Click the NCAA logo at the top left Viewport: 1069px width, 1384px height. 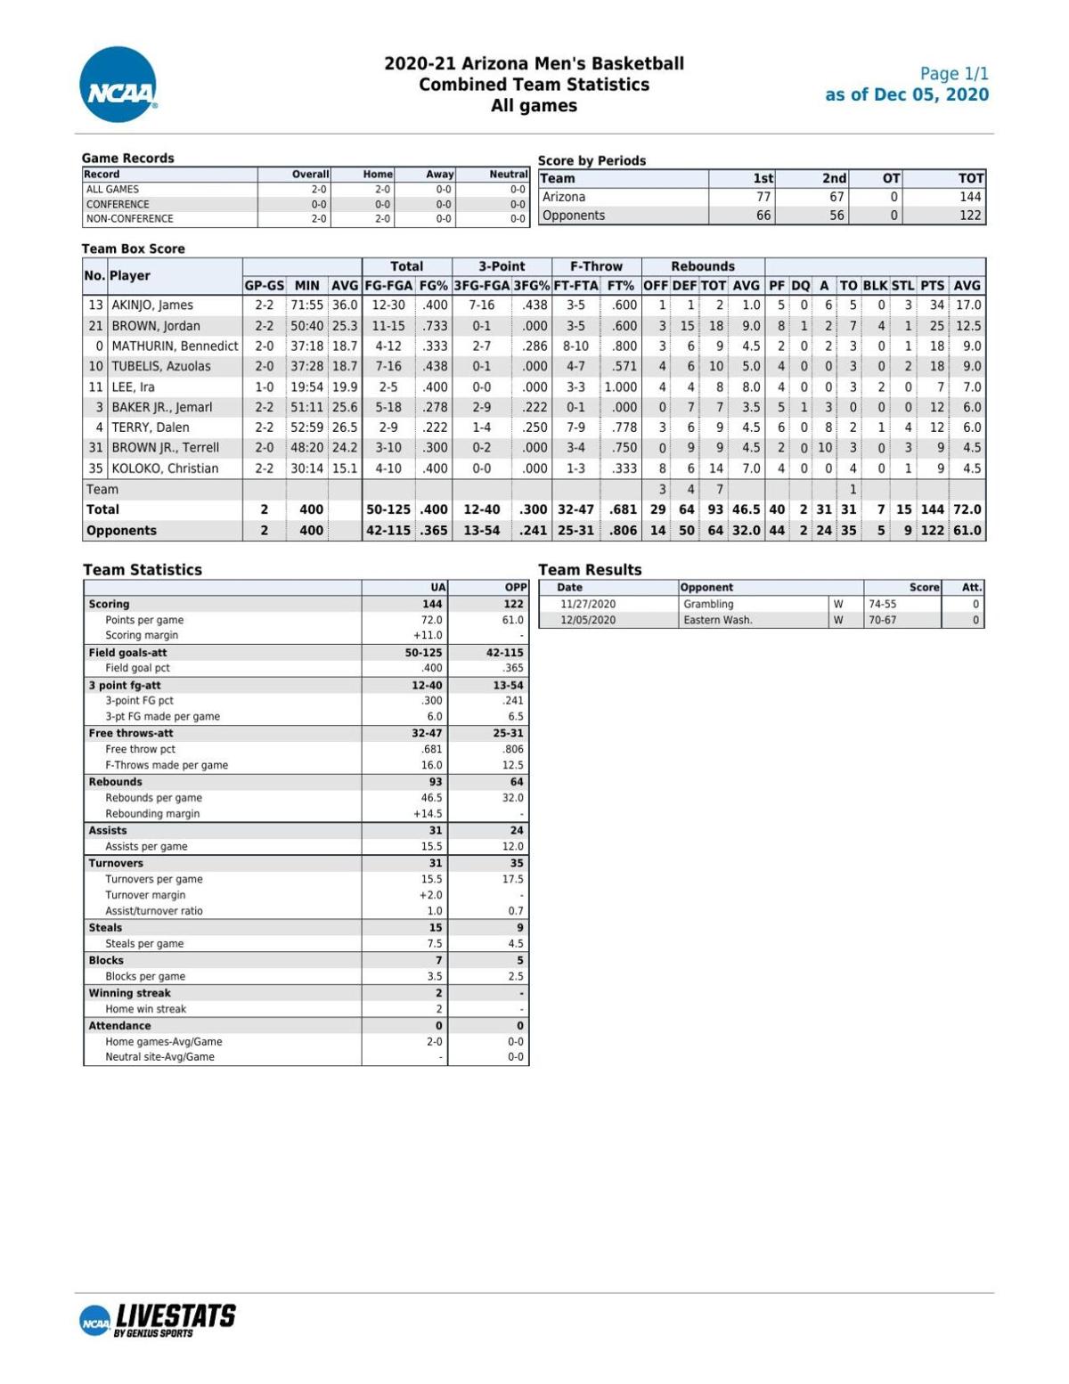pos(118,85)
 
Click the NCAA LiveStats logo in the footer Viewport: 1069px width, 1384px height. pos(158,1319)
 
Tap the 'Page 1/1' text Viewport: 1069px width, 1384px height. pos(954,74)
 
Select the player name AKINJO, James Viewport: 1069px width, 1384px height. pos(151,305)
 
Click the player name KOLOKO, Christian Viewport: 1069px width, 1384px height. pos(165,468)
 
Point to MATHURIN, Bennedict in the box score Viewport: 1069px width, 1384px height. pos(175,346)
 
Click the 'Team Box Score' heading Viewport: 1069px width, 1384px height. pos(133,249)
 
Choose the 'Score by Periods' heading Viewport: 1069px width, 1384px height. pos(592,161)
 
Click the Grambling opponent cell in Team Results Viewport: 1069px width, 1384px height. pos(708,605)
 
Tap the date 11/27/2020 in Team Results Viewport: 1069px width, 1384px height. pos(587,605)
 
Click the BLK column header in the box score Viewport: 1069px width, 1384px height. pos(875,286)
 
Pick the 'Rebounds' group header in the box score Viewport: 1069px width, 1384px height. pos(703,266)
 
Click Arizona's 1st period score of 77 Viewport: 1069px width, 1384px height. pos(763,198)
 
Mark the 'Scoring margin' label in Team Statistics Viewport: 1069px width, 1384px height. pos(142,636)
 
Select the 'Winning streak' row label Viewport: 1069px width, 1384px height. pos(129,994)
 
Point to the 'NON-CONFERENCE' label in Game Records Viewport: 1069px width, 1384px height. pos(130,219)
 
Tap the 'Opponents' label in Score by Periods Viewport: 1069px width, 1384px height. pos(574,216)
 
